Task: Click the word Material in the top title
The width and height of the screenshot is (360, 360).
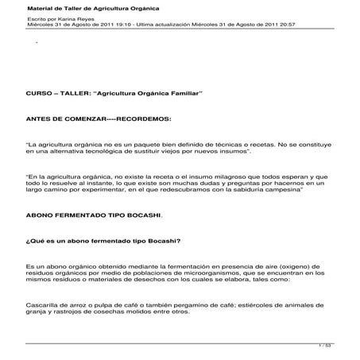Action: (44, 8)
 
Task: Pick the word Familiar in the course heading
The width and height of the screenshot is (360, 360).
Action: (188, 93)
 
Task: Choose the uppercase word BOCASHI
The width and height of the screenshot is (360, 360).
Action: (142, 215)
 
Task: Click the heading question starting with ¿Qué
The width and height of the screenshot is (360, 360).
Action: (103, 240)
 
